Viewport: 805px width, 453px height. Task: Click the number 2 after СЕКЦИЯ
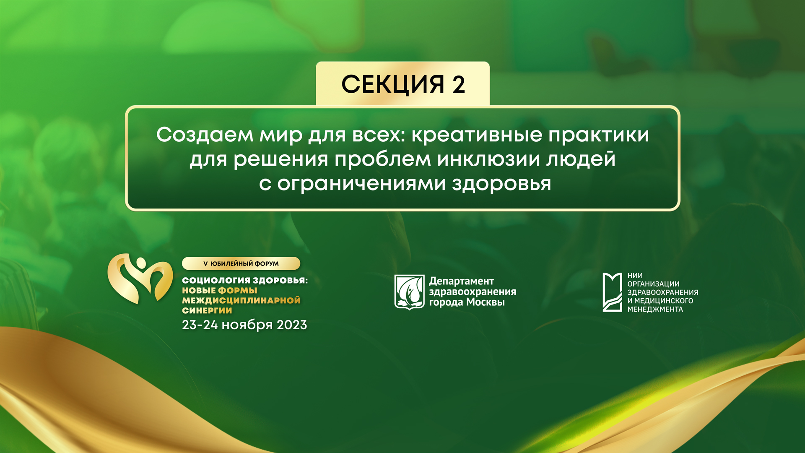[459, 84]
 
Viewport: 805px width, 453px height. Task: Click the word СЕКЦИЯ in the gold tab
[392, 84]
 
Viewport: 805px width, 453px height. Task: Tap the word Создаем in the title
[205, 135]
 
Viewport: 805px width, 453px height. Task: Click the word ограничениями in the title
[361, 184]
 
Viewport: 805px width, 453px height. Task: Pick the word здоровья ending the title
[501, 184]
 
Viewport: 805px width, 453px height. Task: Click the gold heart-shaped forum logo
[140, 279]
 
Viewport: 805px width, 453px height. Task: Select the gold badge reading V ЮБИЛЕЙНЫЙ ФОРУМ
[241, 263]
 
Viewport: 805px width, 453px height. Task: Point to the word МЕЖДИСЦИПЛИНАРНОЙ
[241, 300]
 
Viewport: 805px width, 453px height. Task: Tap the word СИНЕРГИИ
[207, 310]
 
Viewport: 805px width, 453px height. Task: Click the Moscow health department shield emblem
[409, 292]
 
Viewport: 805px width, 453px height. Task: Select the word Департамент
[461, 281]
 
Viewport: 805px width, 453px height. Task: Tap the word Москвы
[486, 302]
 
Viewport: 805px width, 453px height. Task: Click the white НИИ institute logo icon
[612, 292]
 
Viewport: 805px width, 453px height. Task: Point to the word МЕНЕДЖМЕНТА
[655, 309]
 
